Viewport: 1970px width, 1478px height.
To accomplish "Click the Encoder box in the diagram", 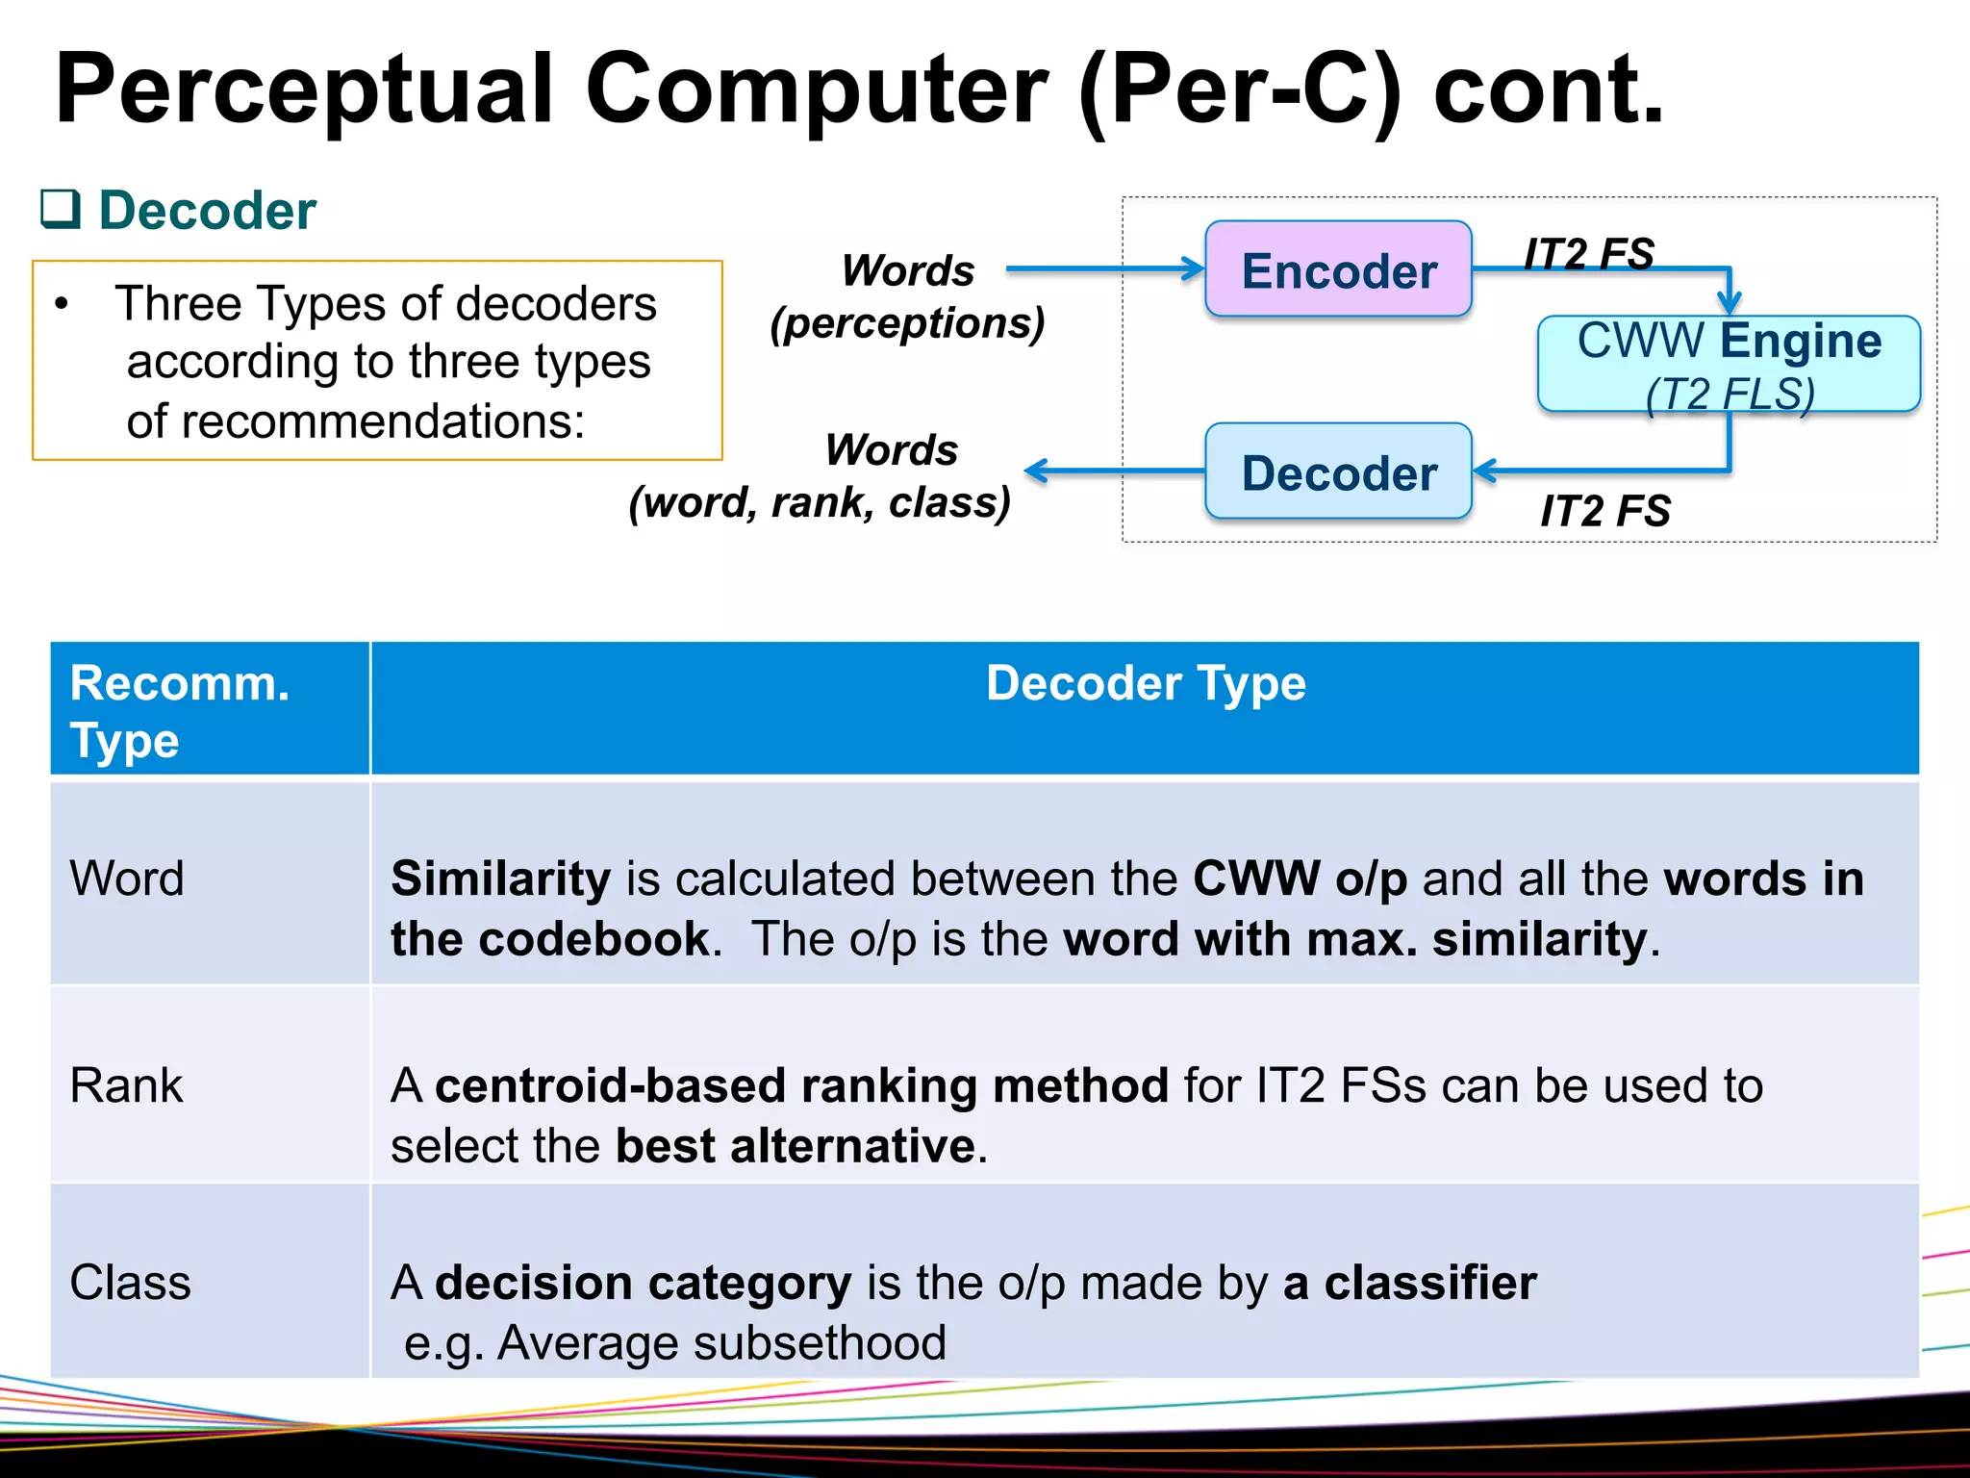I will [1338, 269].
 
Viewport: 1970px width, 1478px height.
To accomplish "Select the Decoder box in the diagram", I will [1338, 471].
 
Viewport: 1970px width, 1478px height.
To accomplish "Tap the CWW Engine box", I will [1729, 365].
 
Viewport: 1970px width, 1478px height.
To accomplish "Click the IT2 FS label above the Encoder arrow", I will [1589, 254].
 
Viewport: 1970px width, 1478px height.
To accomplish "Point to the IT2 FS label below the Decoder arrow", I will [1605, 511].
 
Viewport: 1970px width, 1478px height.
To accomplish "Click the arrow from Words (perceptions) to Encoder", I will [1104, 269].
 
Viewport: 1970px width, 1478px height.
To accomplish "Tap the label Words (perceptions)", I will [907, 296].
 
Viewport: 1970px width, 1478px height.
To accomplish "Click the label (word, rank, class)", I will [821, 502].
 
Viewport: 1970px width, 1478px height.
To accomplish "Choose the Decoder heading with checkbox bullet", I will [207, 211].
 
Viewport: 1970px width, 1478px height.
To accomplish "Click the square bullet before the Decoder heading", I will [60, 209].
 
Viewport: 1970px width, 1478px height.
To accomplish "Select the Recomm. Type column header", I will [180, 711].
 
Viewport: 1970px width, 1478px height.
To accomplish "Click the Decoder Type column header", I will [1145, 684].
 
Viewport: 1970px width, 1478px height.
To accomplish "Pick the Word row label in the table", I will [127, 879].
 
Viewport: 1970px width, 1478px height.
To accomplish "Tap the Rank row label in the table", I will [126, 1085].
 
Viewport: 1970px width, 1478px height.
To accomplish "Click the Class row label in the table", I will [130, 1283].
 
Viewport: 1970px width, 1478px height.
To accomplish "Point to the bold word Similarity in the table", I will [500, 879].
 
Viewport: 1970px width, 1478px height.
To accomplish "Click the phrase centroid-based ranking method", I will [801, 1085].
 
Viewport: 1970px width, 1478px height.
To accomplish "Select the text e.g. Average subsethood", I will [675, 1342].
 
